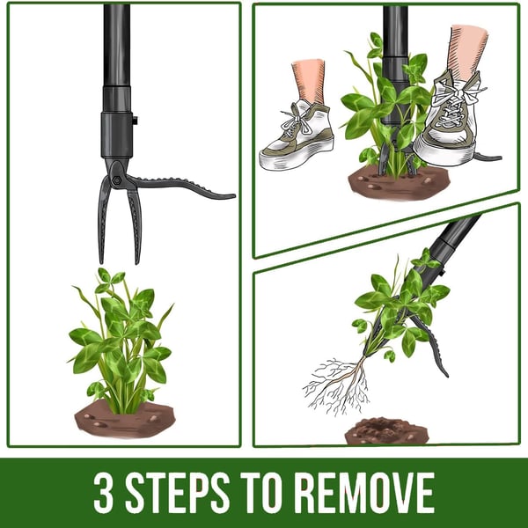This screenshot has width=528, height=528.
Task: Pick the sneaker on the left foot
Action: pos(297,137)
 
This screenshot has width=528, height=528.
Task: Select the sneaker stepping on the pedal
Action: pos(449,123)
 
